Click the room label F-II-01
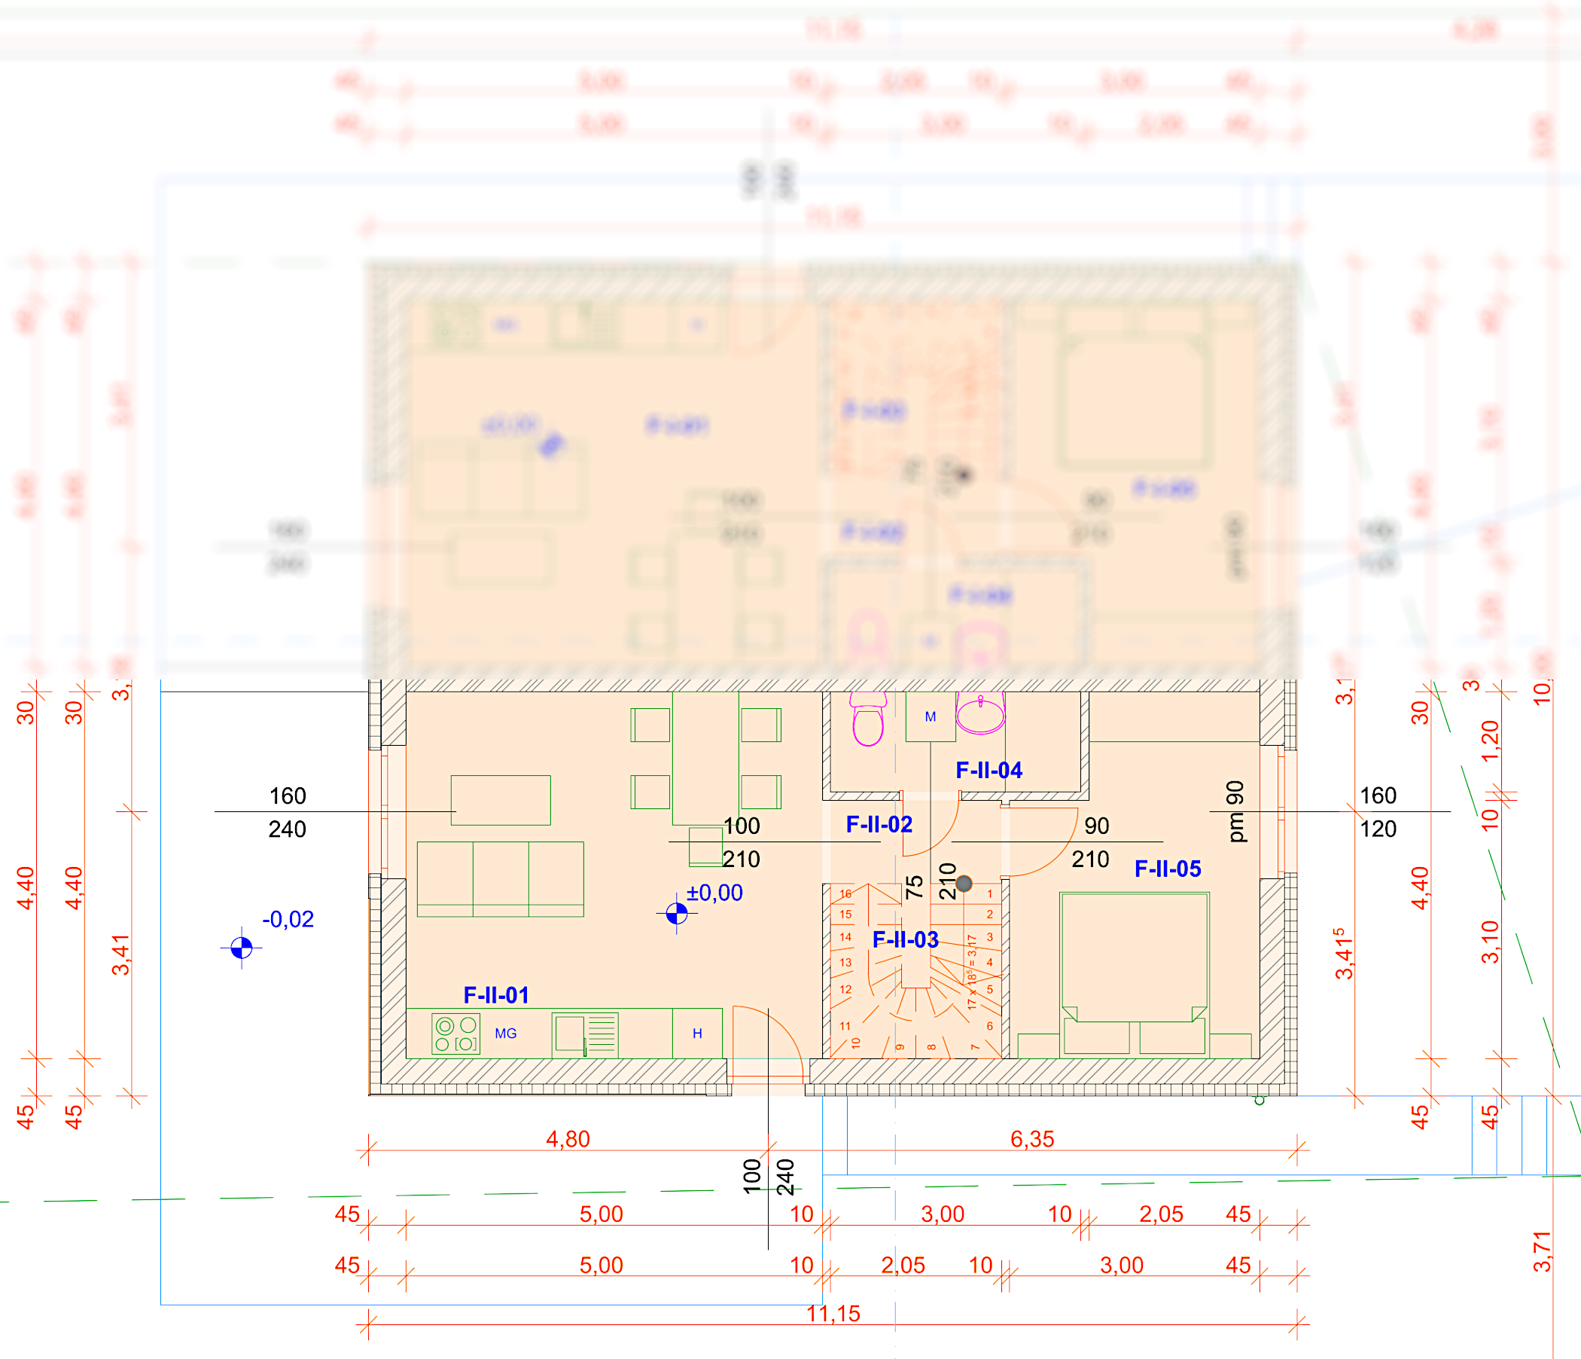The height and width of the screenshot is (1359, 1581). pyautogui.click(x=496, y=995)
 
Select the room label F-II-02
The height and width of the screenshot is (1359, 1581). pyautogui.click(x=879, y=825)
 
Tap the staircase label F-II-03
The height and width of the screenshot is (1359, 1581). pyautogui.click(x=905, y=940)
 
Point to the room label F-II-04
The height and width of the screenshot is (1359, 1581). pyautogui.click(x=989, y=771)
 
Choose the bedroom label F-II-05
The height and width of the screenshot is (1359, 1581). pyautogui.click(x=1168, y=869)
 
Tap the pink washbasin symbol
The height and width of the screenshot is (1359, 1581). pyautogui.click(x=980, y=714)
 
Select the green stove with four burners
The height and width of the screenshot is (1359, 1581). pyautogui.click(x=455, y=1034)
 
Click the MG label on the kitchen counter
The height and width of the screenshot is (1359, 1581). pyautogui.click(x=506, y=1034)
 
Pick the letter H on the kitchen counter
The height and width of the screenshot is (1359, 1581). pyautogui.click(x=696, y=1034)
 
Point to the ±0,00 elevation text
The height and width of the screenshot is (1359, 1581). pyautogui.click(x=714, y=893)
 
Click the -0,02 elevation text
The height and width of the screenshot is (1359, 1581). pyautogui.click(x=288, y=919)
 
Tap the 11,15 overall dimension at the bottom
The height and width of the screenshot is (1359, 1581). pyautogui.click(x=833, y=1314)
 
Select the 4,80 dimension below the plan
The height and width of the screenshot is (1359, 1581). pyautogui.click(x=568, y=1139)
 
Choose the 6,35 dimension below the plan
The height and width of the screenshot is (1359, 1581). pyautogui.click(x=1031, y=1139)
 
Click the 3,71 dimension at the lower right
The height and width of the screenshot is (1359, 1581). pyautogui.click(x=1541, y=1252)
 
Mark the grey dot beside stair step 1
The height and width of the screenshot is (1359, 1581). pyautogui.click(x=964, y=884)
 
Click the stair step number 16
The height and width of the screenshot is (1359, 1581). pyautogui.click(x=845, y=894)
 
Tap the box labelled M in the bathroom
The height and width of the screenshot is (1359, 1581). pyautogui.click(x=930, y=717)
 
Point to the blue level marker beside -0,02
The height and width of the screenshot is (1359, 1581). pyautogui.click(x=241, y=948)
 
